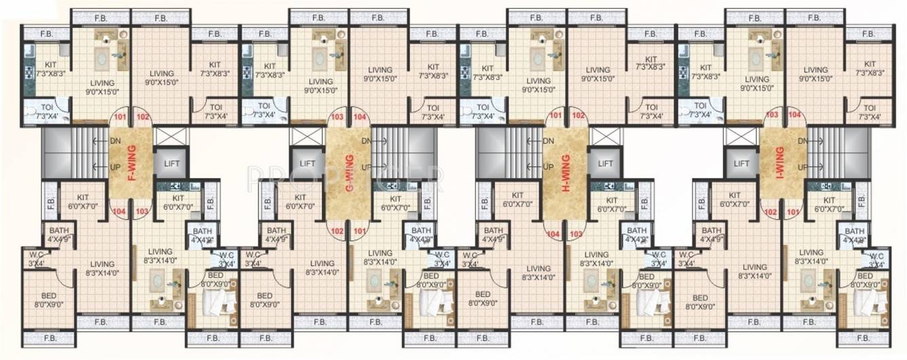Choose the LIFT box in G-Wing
click(x=308, y=164)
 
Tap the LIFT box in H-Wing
click(x=604, y=164)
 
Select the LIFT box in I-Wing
click(x=742, y=164)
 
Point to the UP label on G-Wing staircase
click(x=367, y=166)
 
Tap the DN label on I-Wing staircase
click(x=801, y=141)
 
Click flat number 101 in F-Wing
click(x=121, y=116)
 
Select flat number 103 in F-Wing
click(x=141, y=211)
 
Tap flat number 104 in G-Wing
click(x=360, y=116)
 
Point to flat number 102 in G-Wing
click(x=337, y=230)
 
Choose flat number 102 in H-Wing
click(x=578, y=116)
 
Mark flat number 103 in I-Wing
click(x=772, y=116)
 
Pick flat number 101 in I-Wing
click(x=791, y=211)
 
